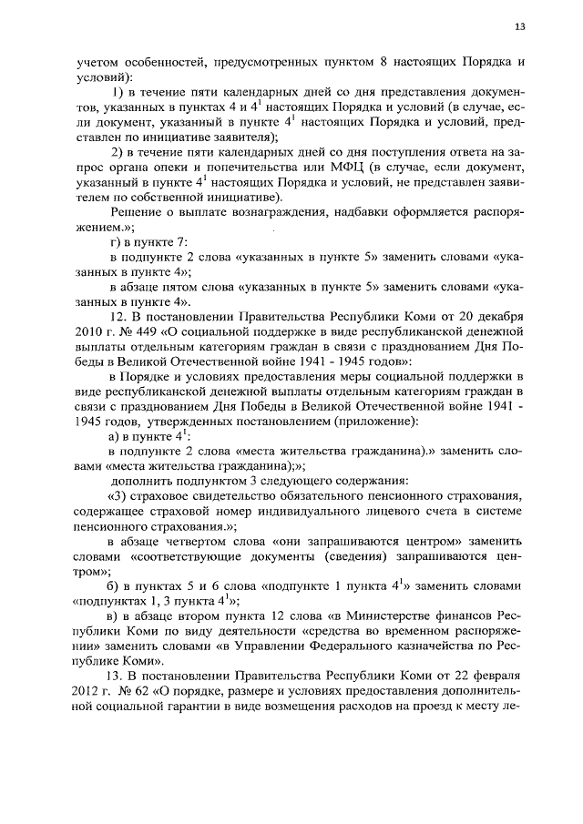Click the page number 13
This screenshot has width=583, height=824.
(520, 26)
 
